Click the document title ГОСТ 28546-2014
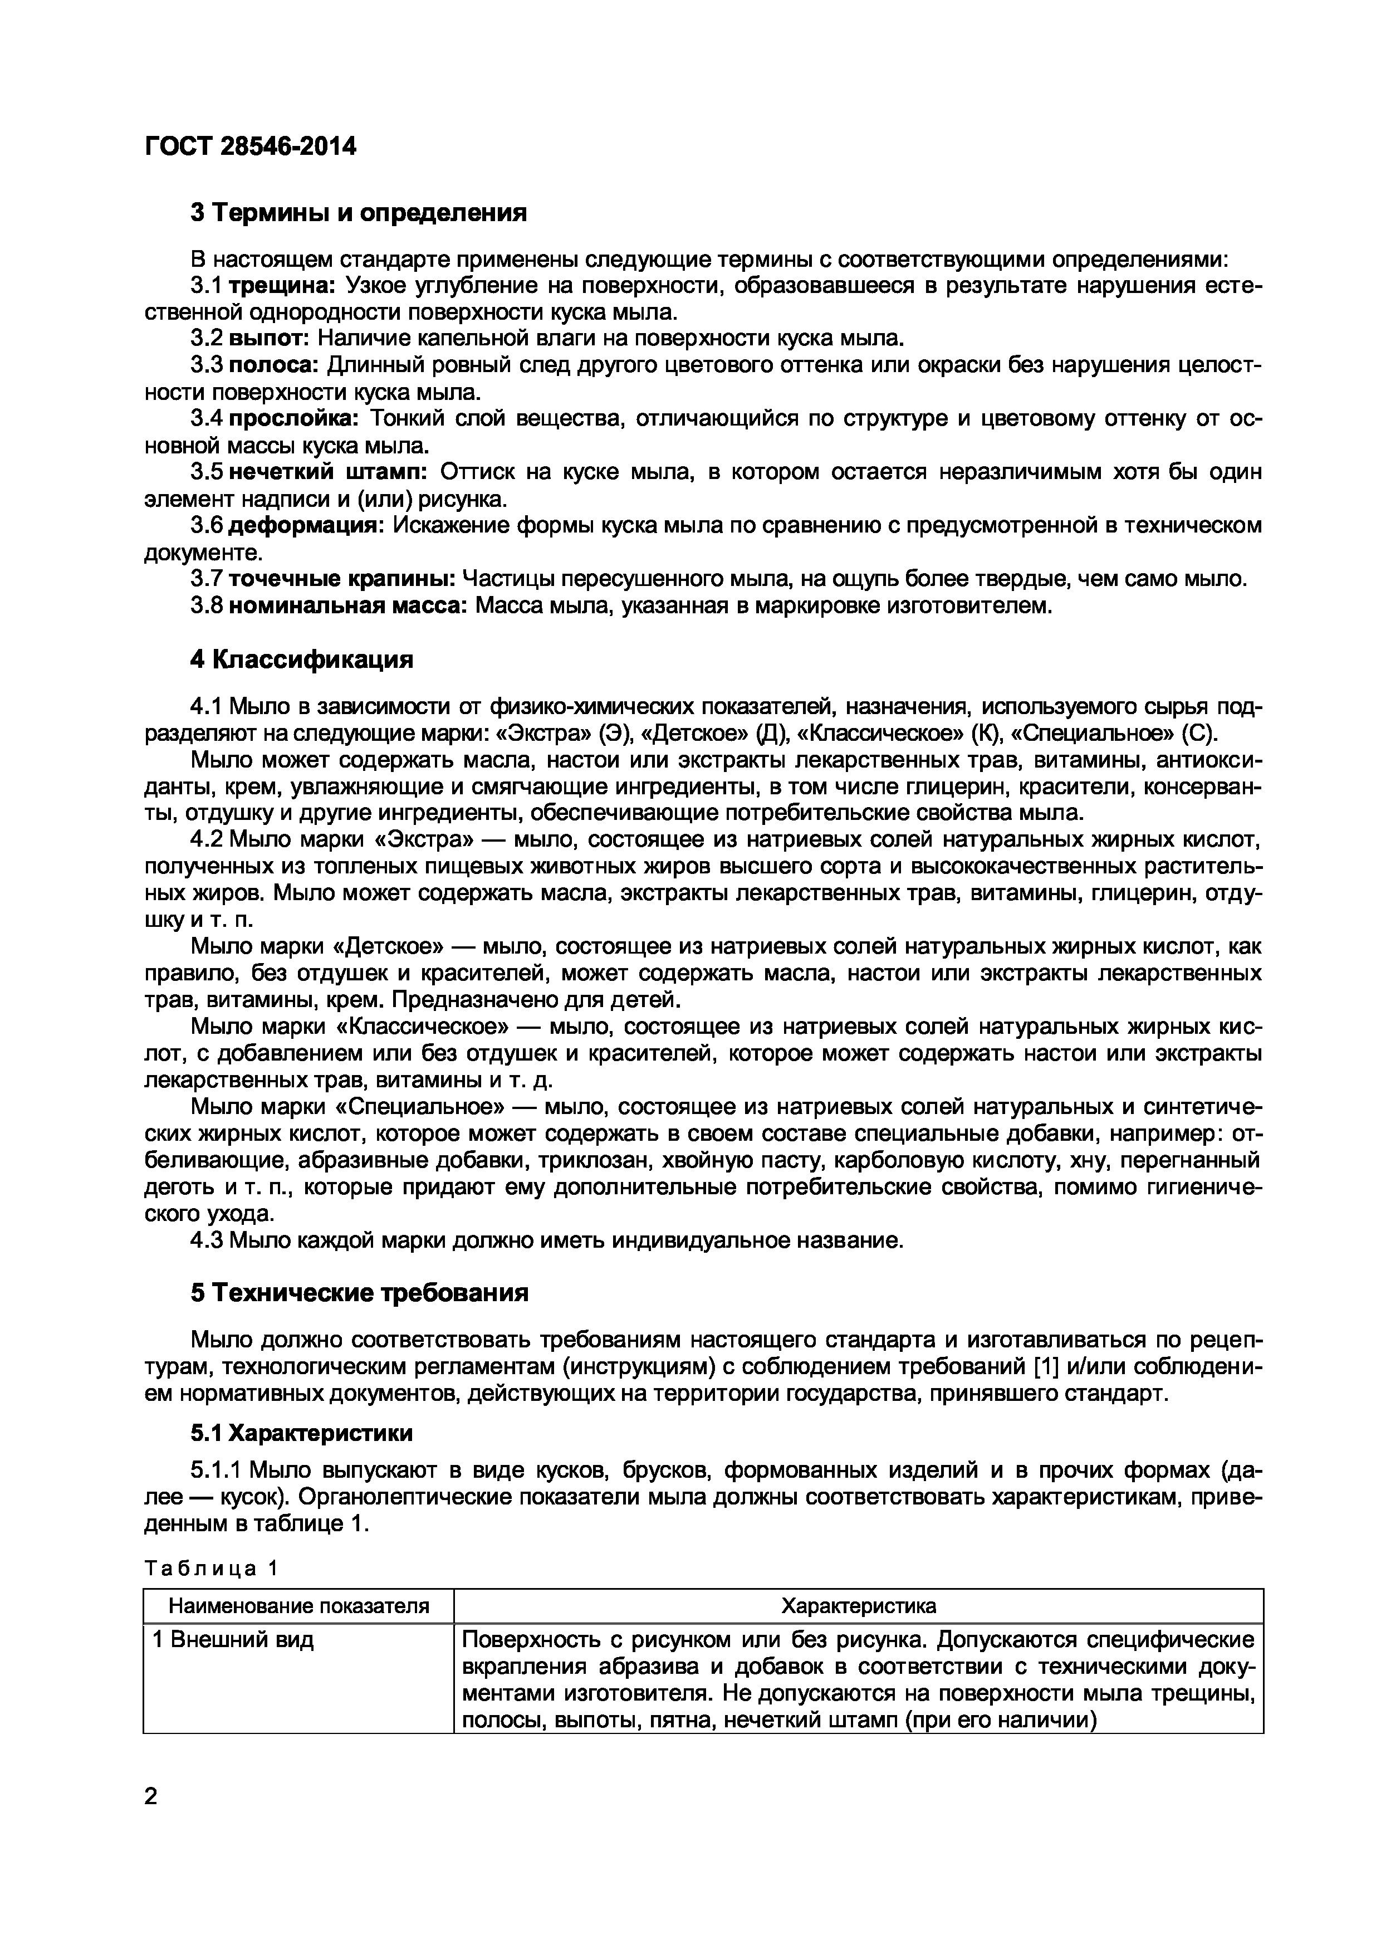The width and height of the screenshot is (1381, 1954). [x=251, y=147]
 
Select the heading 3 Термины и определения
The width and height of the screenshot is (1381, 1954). [x=358, y=213]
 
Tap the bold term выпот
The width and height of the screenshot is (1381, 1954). [x=269, y=339]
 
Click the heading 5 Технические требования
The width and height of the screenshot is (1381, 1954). [x=359, y=1293]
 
